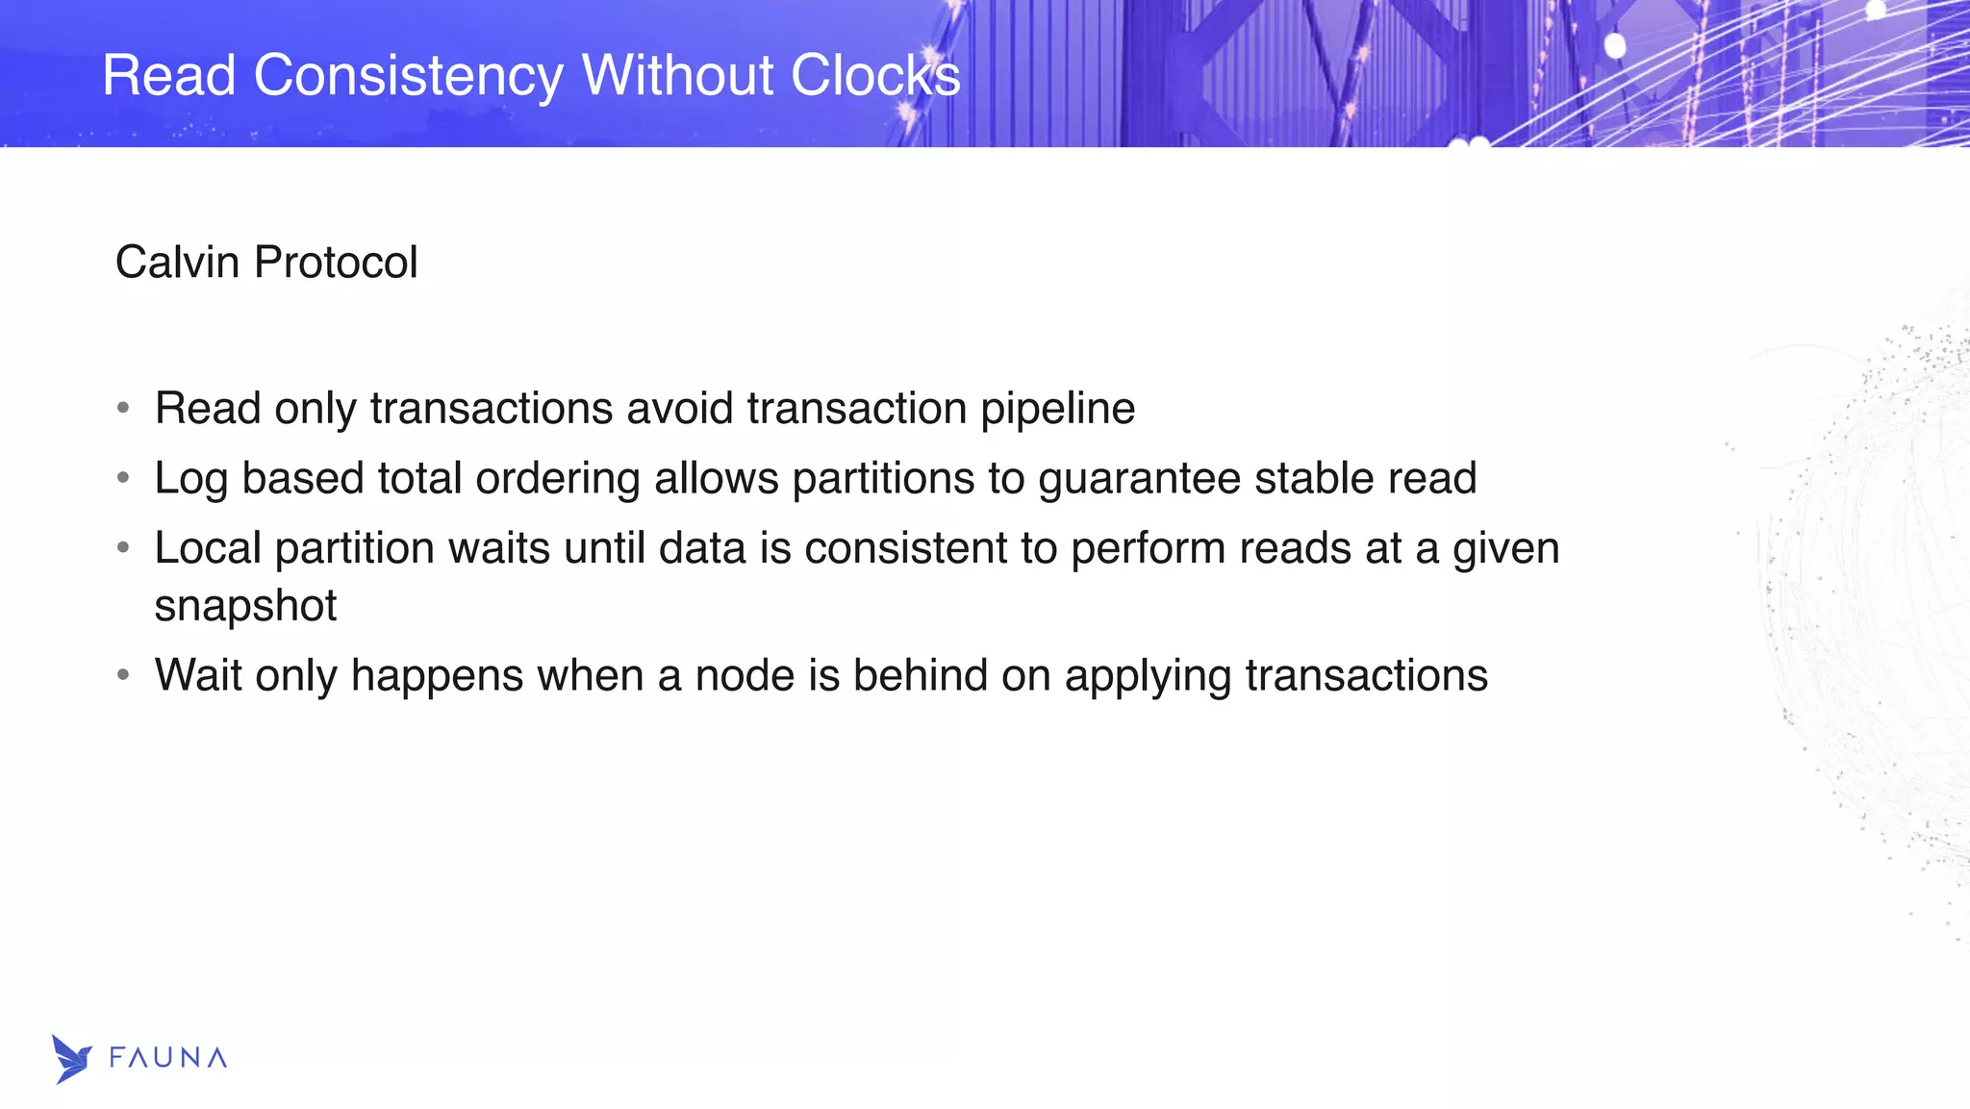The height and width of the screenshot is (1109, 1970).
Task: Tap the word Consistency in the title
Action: point(408,75)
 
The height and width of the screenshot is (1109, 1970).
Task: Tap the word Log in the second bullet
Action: point(190,479)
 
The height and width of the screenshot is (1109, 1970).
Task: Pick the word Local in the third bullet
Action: point(208,548)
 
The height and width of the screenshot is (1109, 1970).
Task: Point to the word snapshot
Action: point(245,606)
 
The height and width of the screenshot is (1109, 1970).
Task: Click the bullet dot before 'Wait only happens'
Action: point(123,675)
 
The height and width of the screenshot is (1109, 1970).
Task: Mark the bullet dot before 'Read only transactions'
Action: point(123,409)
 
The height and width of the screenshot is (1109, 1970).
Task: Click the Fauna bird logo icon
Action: point(71,1059)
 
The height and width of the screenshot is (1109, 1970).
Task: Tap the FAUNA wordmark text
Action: point(168,1058)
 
